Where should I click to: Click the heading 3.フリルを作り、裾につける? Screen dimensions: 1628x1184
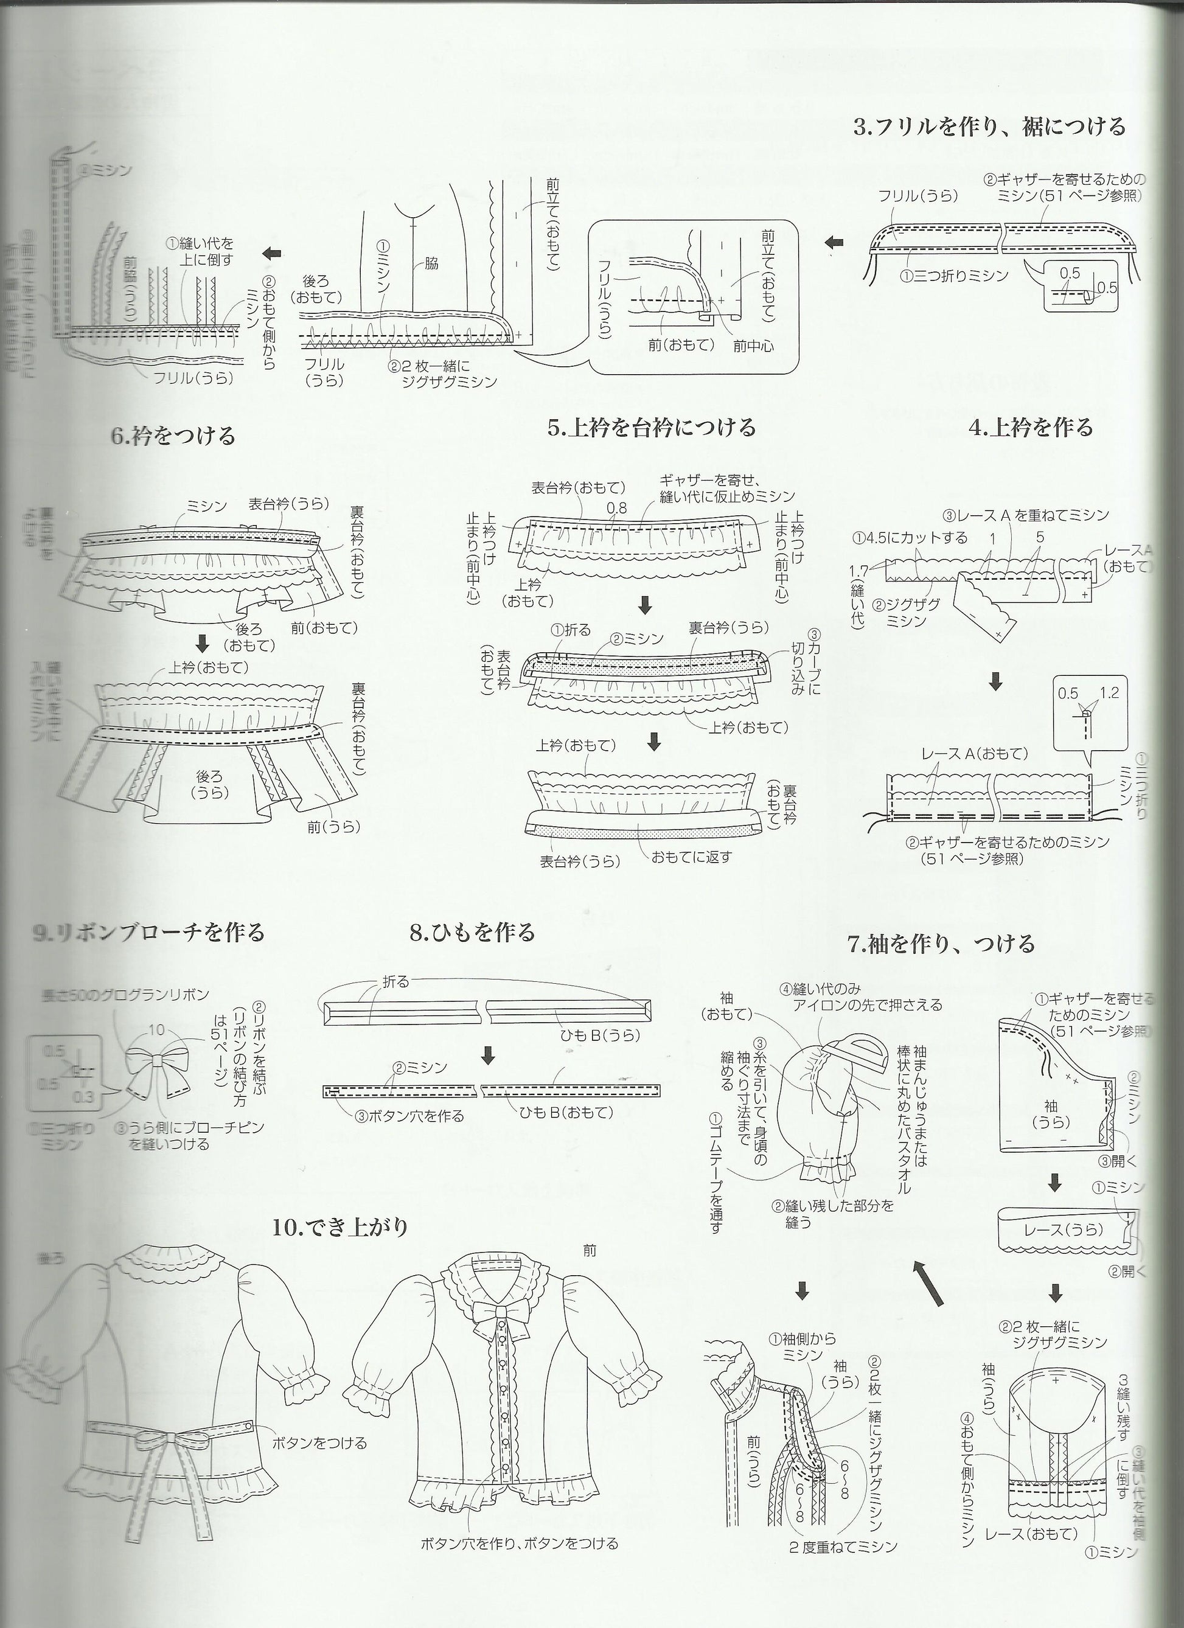989,127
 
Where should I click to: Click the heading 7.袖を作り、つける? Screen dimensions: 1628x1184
941,943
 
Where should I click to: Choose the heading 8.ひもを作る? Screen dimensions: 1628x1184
473,933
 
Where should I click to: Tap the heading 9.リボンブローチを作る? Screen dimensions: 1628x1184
148,933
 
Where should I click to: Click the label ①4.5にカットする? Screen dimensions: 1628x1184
910,538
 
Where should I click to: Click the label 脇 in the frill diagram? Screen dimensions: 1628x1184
431,263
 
